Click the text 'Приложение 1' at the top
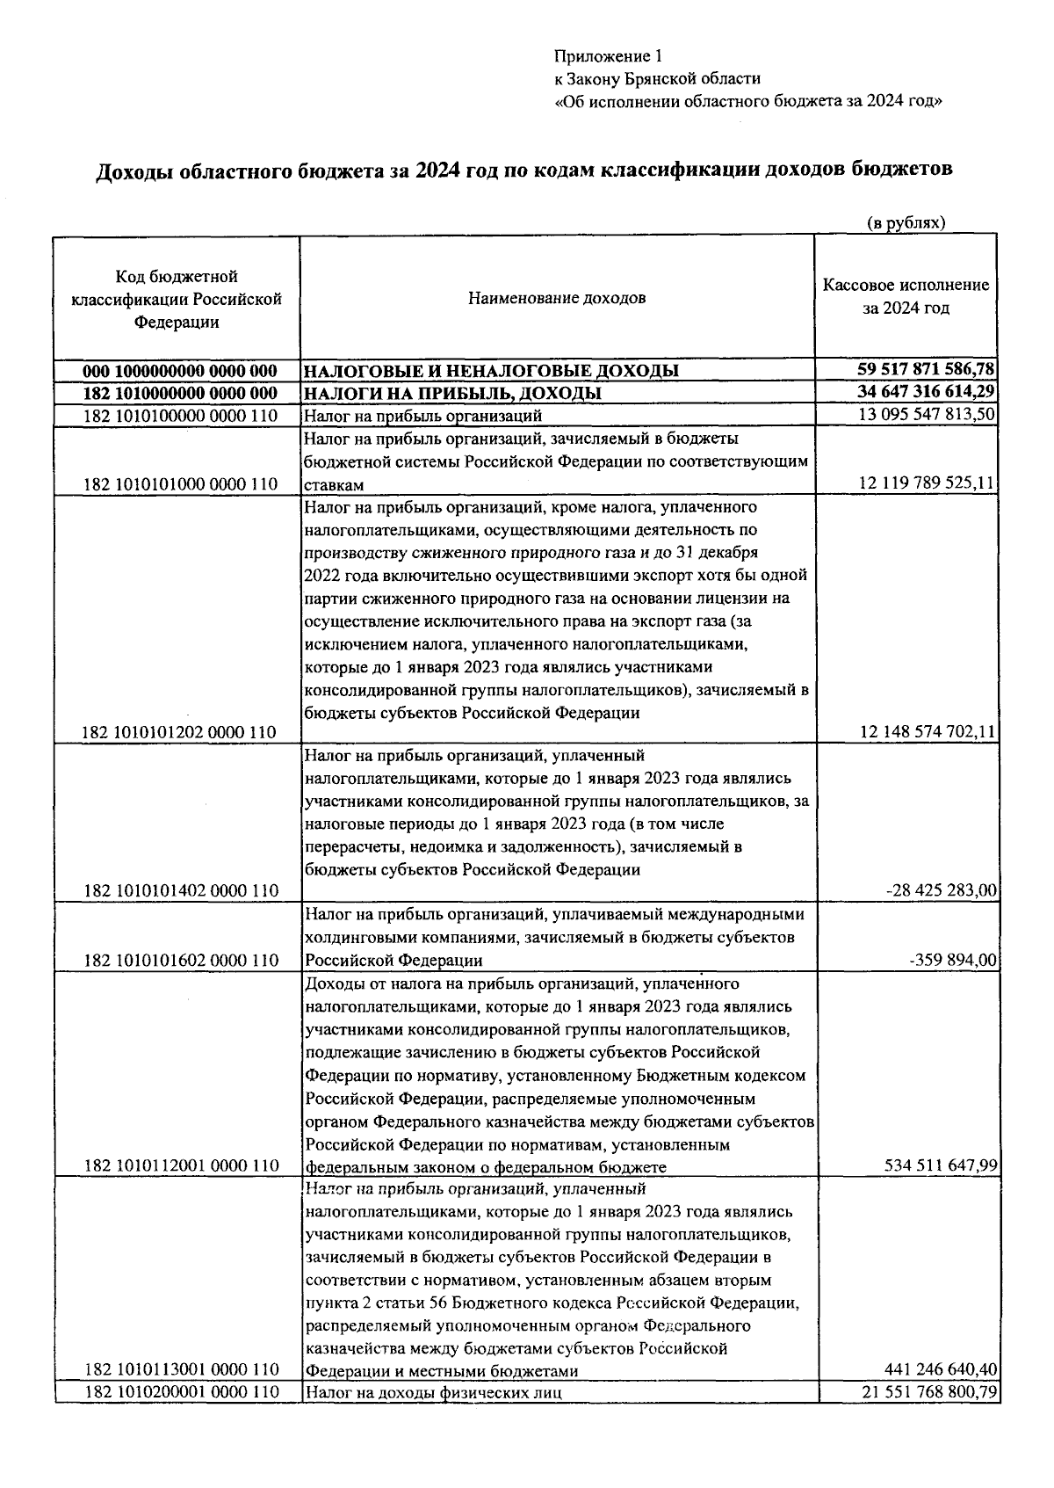pos(607,57)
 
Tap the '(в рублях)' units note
pos(906,223)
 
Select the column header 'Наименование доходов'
pos(557,298)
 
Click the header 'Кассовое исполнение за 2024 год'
pos(906,297)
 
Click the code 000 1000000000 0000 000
pos(180,371)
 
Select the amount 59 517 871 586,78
pos(926,369)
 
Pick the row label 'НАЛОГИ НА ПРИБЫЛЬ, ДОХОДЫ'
pos(452,393)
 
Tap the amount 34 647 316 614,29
pos(926,392)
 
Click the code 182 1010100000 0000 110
pos(180,416)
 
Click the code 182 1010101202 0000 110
pos(180,732)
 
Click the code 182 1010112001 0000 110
pos(180,1165)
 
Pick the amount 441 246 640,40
pos(939,1369)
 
